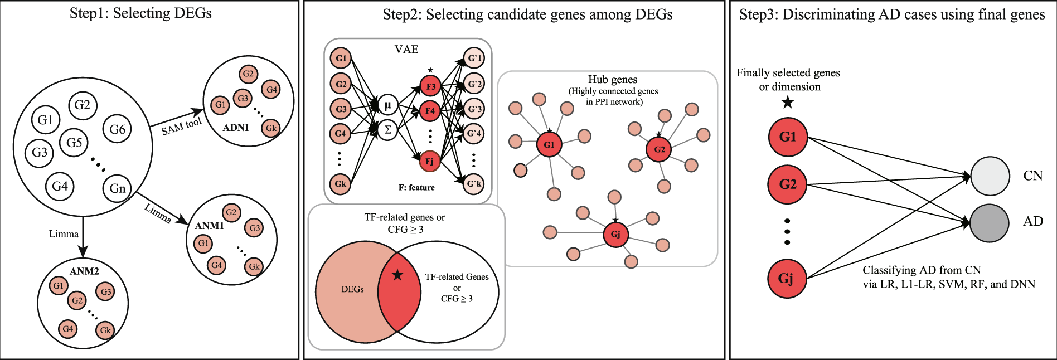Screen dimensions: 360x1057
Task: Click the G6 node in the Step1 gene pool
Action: click(117, 129)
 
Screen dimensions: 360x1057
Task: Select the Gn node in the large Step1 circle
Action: click(117, 188)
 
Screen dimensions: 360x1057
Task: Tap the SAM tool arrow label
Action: click(181, 127)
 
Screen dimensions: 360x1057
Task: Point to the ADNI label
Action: click(235, 128)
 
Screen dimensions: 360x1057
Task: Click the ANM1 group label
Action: click(209, 226)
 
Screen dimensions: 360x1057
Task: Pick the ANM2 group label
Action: click(84, 271)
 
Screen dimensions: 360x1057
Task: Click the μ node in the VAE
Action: click(387, 105)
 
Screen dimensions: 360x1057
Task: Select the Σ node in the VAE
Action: click(387, 130)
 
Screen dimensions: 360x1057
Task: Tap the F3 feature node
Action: click(430, 86)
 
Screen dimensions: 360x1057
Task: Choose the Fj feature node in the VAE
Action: click(429, 162)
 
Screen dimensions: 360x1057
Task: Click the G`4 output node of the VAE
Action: click(474, 133)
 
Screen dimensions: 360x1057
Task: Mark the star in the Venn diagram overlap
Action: click(397, 275)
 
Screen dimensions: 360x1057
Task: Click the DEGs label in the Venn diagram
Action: click(352, 289)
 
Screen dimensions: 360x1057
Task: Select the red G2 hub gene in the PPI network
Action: click(659, 149)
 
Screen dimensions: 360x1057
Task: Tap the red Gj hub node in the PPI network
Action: click(615, 234)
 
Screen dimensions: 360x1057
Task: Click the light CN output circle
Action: click(990, 176)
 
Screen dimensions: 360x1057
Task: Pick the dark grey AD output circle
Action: click(990, 222)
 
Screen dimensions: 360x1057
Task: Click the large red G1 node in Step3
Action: click(787, 137)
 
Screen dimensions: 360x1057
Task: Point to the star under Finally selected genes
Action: click(787, 102)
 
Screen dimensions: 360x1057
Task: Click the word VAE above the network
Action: click(406, 50)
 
